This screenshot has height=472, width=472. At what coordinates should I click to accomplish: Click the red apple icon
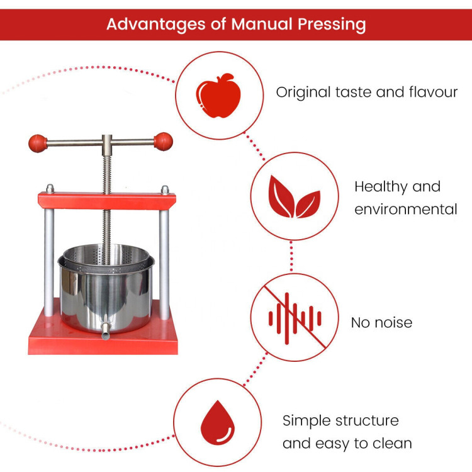point(218,96)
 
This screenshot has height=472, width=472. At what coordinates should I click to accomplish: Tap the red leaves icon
point(294,196)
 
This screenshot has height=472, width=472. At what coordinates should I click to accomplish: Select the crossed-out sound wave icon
point(295,318)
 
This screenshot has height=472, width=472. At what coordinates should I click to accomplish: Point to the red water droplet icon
point(217,422)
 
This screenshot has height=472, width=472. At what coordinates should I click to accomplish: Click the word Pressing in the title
point(332,25)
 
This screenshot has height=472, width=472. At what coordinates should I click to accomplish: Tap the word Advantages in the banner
point(156,25)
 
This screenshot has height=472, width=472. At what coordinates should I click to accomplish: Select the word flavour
point(433,92)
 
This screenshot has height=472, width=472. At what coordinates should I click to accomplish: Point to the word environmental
point(406,209)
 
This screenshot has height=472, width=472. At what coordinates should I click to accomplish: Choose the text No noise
point(381,323)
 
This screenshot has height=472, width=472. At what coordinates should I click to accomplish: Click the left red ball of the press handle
point(38,143)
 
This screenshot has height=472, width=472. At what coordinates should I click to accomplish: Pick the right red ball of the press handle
point(163,141)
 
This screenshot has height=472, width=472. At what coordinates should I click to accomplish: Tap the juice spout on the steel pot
point(105,330)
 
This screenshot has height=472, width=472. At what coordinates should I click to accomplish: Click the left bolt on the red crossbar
point(50,188)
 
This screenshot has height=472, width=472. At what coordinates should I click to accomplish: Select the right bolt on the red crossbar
point(165,190)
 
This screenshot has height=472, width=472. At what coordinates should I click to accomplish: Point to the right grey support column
point(164,264)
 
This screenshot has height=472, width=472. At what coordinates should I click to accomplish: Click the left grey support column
point(49,262)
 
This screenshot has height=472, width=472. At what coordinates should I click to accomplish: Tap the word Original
point(303,93)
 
